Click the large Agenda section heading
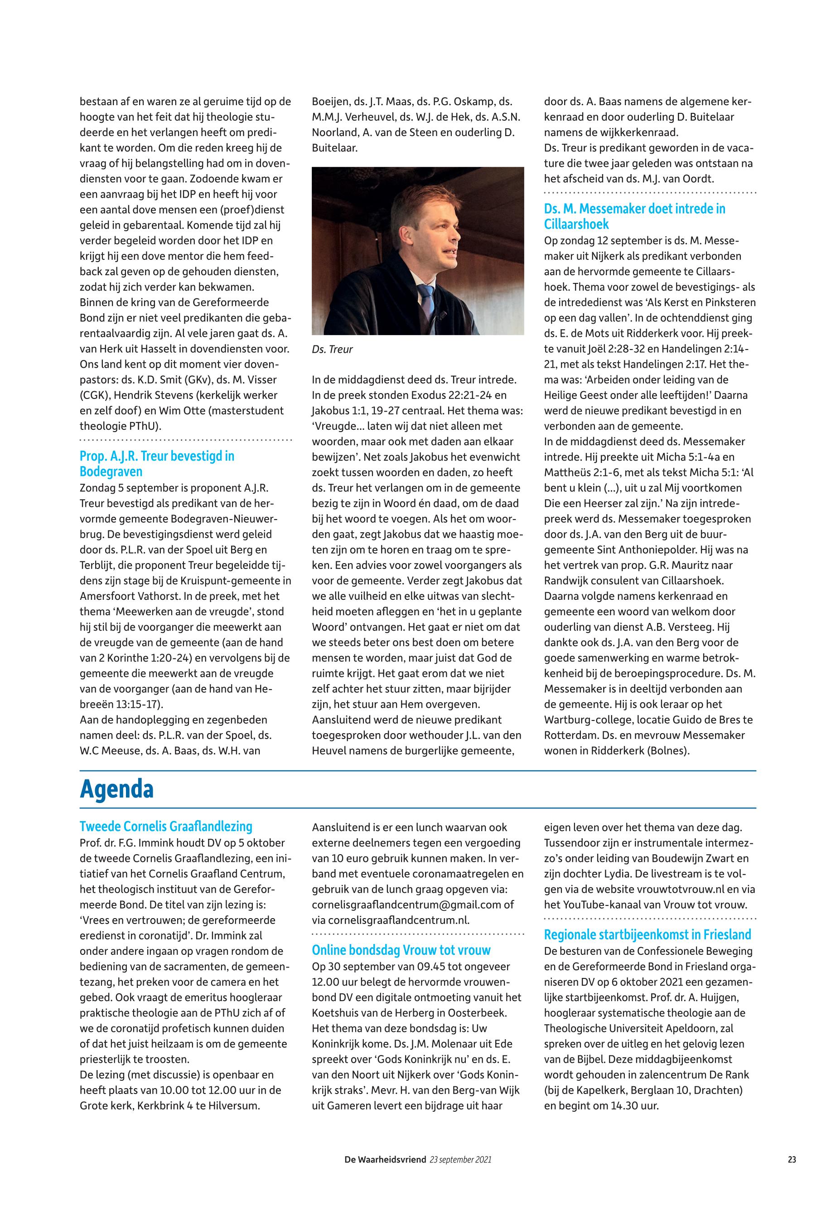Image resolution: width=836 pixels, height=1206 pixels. [116, 789]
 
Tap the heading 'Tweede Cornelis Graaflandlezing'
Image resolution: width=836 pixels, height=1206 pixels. [165, 827]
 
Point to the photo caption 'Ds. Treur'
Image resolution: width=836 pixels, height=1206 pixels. [332, 350]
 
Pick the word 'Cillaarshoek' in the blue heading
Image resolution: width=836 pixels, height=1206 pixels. [576, 224]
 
